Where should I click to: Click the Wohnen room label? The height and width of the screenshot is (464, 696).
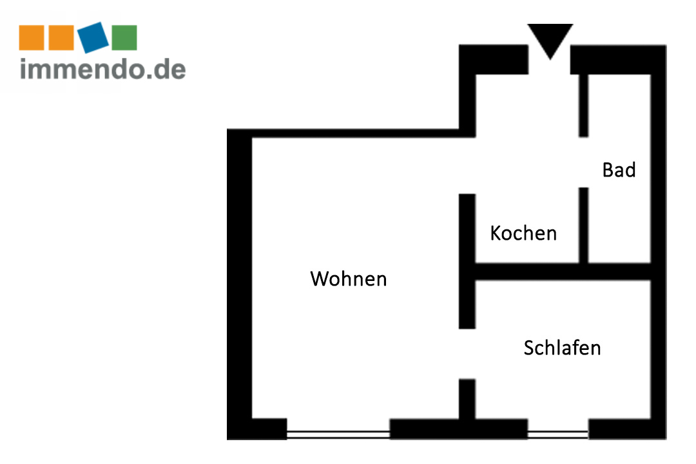tap(349, 279)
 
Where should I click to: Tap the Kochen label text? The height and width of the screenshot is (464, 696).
tap(523, 233)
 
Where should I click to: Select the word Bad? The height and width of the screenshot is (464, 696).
tap(619, 170)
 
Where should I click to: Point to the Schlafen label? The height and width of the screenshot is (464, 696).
tap(562, 348)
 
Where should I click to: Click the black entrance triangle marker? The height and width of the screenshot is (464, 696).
tap(550, 39)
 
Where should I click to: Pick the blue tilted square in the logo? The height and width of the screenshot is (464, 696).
tap(94, 37)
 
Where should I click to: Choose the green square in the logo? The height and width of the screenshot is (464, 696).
tap(124, 37)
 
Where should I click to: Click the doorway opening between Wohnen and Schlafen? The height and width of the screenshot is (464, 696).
tap(467, 353)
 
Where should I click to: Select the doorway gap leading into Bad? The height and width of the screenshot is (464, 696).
tap(583, 162)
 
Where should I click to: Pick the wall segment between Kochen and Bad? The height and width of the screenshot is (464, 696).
tap(583, 226)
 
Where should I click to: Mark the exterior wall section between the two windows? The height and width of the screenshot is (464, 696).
tap(459, 429)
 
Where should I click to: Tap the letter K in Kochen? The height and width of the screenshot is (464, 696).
tap(496, 233)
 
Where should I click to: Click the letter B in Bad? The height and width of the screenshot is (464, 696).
tap(608, 170)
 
